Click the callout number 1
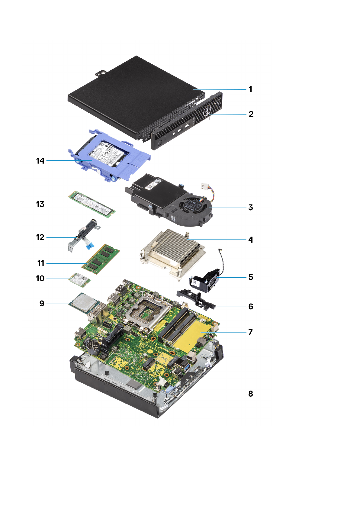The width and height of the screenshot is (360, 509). coord(250,89)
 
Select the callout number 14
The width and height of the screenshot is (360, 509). coord(40,161)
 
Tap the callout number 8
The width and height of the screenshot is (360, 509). coord(250,394)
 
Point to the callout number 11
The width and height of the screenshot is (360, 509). coord(41,263)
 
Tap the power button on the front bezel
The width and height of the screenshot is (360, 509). coord(160,142)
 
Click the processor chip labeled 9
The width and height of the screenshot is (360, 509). coord(83,303)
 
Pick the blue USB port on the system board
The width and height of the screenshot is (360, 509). coord(185,367)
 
